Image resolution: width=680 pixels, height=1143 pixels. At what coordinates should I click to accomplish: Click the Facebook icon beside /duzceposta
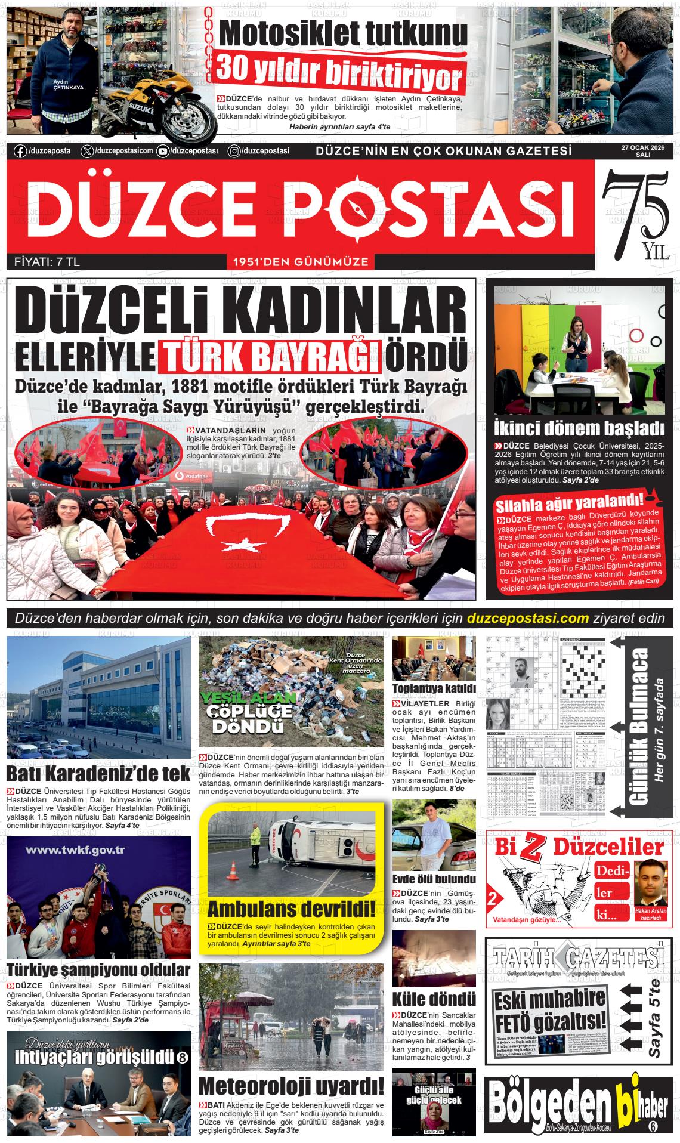coord(20,152)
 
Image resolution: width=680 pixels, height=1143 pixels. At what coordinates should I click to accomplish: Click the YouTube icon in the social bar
coord(162,152)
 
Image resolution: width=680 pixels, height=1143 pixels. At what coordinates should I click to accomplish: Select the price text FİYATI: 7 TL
coord(47,261)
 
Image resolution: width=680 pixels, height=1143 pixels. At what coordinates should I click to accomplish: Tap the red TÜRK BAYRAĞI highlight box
coord(270,356)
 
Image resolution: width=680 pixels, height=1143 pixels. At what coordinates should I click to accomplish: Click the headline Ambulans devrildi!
coord(292,909)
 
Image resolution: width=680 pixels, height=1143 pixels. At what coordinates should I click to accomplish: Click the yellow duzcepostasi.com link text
coord(528,618)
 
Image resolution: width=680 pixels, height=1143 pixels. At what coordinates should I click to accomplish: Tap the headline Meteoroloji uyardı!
coord(291,1085)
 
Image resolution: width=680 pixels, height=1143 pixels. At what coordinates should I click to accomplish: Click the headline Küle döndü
coord(434,999)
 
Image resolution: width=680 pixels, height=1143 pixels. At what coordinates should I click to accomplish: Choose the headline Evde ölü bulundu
coord(434,879)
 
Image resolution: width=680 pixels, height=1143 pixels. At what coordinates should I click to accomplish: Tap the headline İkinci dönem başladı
coord(579,428)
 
